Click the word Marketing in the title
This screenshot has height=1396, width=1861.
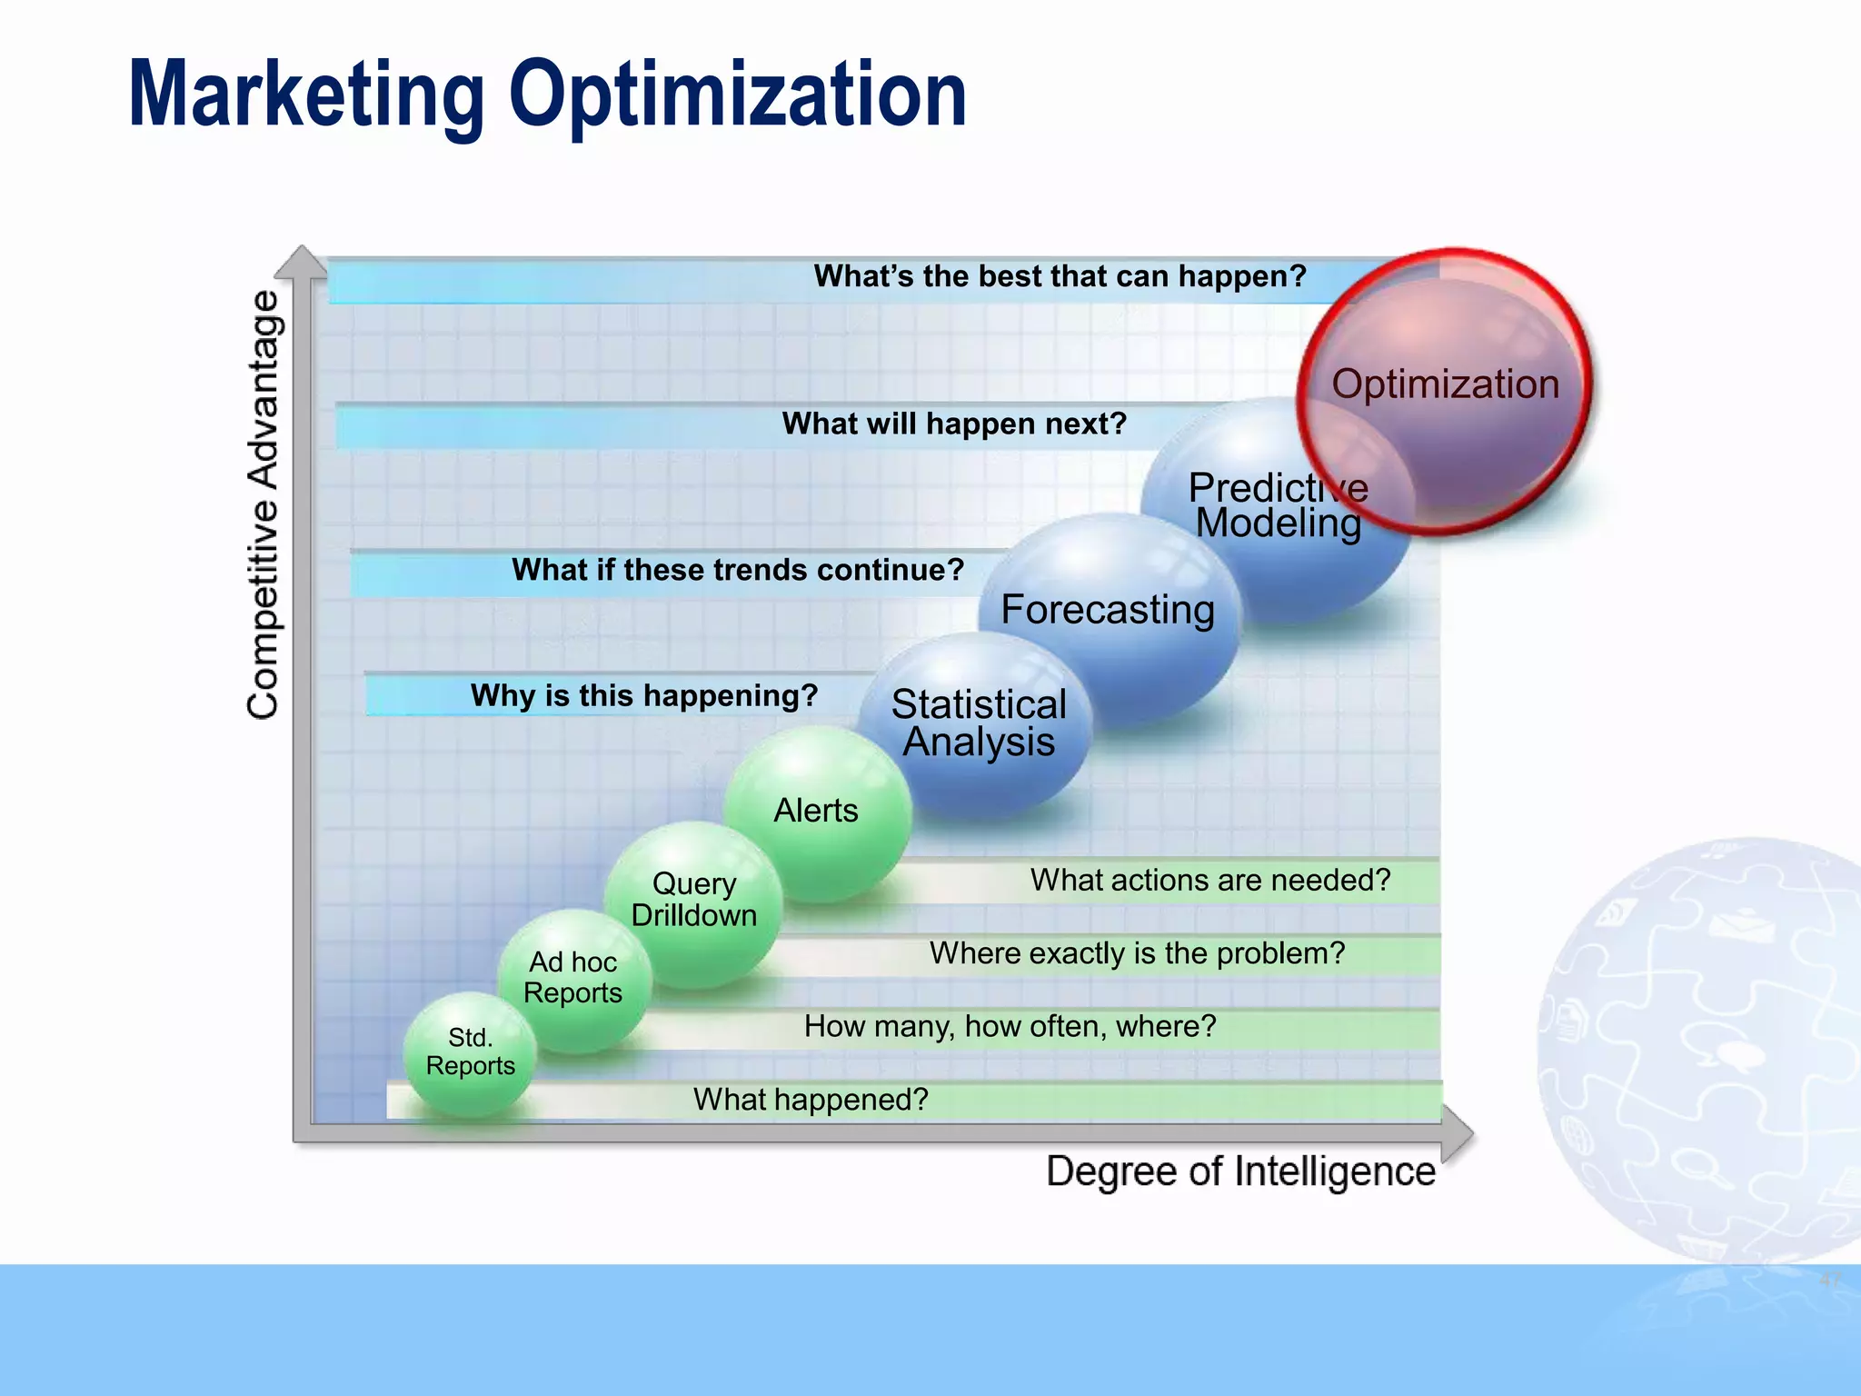tap(306, 95)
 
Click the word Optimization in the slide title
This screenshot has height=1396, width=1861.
tap(738, 95)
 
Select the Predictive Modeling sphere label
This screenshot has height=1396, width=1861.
tap(1277, 506)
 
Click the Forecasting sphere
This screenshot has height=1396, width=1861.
tap(1107, 610)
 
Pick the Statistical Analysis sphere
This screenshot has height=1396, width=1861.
tap(978, 723)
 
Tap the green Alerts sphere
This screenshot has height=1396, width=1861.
tap(816, 811)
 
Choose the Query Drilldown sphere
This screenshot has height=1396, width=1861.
tap(694, 900)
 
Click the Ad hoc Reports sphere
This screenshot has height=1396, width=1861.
tap(573, 978)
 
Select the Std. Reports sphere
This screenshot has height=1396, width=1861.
tap(470, 1052)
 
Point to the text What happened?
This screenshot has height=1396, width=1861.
tap(811, 1100)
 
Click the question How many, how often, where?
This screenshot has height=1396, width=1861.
tap(1010, 1027)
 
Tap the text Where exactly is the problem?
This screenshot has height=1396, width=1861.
tap(1137, 953)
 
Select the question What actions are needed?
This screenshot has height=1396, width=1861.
tap(1210, 881)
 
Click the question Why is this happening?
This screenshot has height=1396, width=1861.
tap(644, 696)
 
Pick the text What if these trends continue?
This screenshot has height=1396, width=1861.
tap(738, 571)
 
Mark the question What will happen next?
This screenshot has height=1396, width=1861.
tap(954, 424)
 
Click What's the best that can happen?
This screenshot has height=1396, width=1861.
tap(1060, 276)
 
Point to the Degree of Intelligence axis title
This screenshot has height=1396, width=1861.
tap(1240, 1172)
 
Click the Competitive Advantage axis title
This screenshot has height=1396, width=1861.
tap(264, 505)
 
